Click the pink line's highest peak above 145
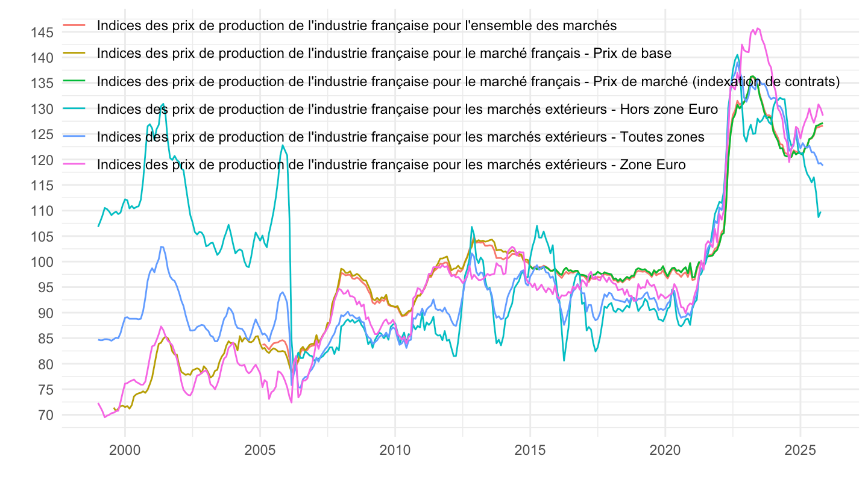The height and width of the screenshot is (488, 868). click(x=757, y=28)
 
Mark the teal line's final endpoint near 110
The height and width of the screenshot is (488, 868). click(x=820, y=212)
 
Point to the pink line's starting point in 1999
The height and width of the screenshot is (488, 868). click(x=98, y=403)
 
